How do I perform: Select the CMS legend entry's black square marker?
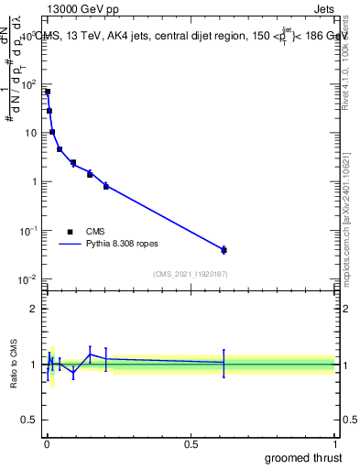pyautogui.click(x=71, y=232)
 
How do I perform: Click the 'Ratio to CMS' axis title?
pyautogui.click(x=14, y=364)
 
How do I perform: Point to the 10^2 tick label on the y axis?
pyautogui.click(x=29, y=84)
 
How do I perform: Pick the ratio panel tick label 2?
pyautogui.click(x=33, y=309)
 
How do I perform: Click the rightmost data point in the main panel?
pyautogui.click(x=224, y=249)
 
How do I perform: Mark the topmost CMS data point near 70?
pyautogui.click(x=48, y=92)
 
